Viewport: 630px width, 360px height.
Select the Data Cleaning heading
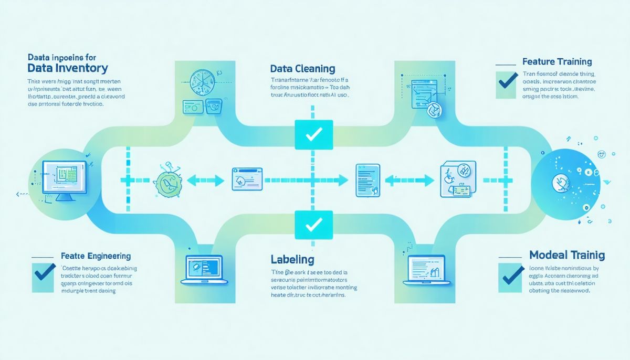[x=302, y=69]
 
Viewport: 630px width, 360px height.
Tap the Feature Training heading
[x=557, y=62]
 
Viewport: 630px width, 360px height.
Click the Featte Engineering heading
[x=96, y=257]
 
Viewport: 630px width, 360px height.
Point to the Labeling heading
[x=292, y=259]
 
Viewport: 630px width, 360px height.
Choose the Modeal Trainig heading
[x=566, y=256]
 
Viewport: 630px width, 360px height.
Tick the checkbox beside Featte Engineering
[x=44, y=275]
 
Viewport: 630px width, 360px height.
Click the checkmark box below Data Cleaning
[x=313, y=134]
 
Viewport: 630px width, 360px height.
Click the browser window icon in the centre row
[x=246, y=179]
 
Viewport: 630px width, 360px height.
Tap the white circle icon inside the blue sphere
[x=560, y=182]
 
